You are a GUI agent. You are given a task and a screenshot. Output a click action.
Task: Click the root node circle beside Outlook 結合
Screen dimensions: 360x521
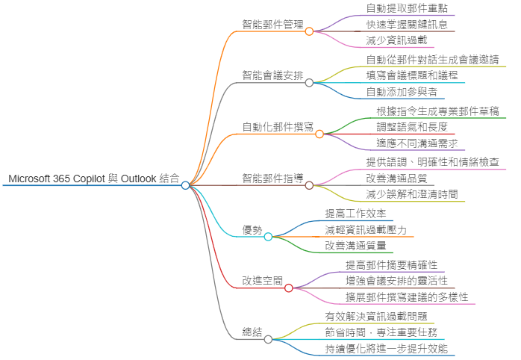point(186,185)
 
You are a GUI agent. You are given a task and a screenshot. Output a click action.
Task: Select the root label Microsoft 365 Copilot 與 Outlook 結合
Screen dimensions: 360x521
point(93,179)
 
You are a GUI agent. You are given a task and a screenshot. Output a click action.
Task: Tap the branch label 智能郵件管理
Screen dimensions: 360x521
point(272,24)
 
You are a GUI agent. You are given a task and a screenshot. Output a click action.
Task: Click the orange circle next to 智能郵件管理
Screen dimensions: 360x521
point(309,31)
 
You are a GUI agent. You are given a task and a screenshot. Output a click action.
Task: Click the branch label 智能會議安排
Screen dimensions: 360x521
point(272,75)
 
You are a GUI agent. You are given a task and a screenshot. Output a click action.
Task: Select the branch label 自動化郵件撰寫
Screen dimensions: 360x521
point(277,127)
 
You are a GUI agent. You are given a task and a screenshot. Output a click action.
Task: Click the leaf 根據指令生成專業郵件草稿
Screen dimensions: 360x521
point(437,111)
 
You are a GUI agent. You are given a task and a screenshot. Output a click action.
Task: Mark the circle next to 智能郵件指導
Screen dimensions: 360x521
point(309,185)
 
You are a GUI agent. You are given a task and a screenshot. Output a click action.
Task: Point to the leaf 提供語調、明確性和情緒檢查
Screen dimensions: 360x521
point(437,162)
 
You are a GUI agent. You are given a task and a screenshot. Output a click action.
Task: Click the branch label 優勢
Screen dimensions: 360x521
point(252,229)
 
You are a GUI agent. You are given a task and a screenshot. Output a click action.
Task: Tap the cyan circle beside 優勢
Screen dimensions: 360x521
point(268,237)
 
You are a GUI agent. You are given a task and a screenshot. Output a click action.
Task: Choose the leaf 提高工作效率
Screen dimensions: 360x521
point(355,214)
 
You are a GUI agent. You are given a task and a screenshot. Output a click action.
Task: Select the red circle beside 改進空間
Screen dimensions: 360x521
point(289,288)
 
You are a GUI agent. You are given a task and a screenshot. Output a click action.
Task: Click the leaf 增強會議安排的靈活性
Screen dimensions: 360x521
point(396,281)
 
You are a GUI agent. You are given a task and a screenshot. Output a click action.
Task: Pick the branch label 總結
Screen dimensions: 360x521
point(252,332)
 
